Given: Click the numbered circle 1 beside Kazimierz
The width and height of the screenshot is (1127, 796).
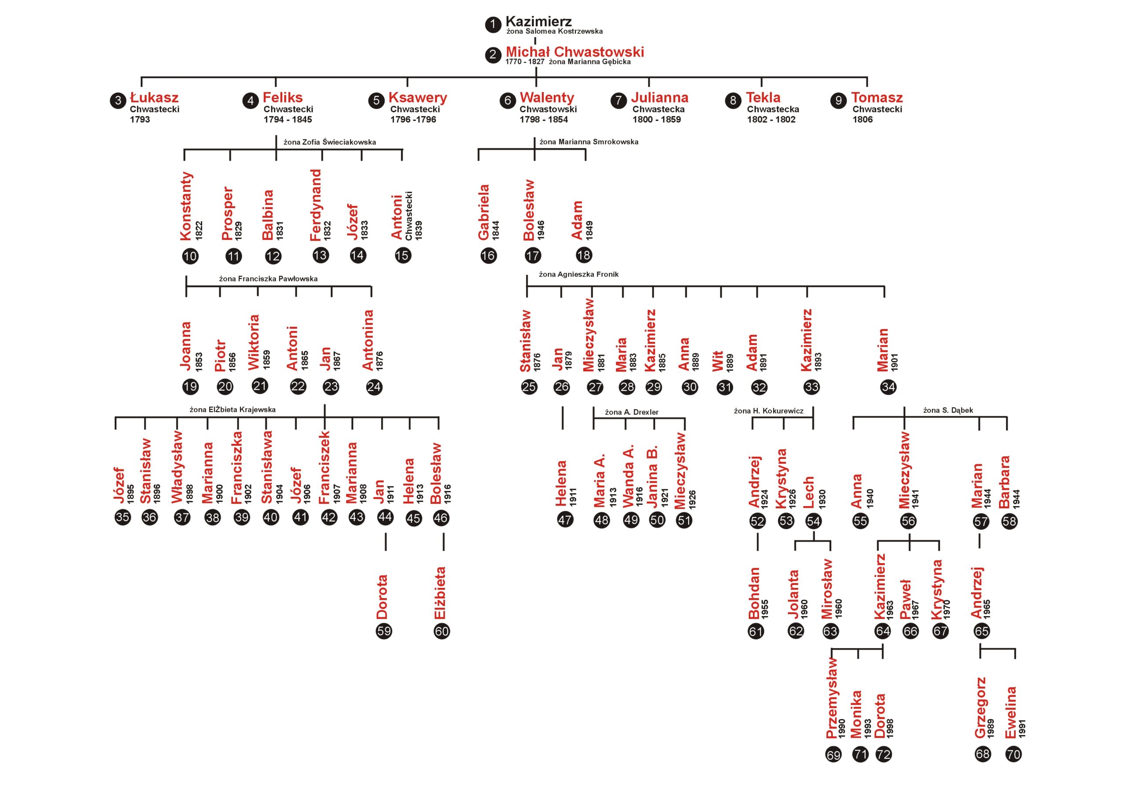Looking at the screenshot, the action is (x=493, y=25).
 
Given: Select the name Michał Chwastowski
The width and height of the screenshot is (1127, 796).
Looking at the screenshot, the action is (x=575, y=52).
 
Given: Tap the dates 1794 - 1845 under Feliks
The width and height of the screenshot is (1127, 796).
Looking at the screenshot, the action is (x=287, y=119).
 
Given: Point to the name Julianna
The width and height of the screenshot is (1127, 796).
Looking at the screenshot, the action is (x=660, y=97).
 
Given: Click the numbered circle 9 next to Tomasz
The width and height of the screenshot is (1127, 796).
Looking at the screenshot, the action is (x=838, y=101).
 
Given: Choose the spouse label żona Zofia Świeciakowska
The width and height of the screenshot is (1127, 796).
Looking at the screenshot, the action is (x=330, y=142).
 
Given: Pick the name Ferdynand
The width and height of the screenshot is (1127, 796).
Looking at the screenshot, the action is (x=316, y=205).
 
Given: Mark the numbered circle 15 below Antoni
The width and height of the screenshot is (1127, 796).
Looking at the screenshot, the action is (x=402, y=255).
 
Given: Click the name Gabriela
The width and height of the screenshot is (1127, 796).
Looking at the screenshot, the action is (x=484, y=213).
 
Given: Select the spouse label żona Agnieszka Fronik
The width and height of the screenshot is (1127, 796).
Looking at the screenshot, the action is (x=579, y=274).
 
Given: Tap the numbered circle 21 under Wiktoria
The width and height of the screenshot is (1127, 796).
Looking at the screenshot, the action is (x=260, y=386).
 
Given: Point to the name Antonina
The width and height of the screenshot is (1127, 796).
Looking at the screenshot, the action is (x=368, y=340).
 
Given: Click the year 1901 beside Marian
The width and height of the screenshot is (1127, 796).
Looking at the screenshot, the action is (x=894, y=362).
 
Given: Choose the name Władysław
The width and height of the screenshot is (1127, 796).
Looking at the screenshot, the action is (x=177, y=467).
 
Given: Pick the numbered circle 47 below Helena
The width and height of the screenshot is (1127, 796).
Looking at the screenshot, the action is (x=565, y=520).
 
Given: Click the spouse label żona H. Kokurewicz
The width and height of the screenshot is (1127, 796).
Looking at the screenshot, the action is (x=769, y=411).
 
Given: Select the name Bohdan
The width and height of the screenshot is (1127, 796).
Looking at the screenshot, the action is (x=754, y=593).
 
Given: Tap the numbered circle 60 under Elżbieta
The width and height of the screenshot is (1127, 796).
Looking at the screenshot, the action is (x=442, y=631).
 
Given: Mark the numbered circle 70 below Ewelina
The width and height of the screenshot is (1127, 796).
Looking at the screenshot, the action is (x=1013, y=754).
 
